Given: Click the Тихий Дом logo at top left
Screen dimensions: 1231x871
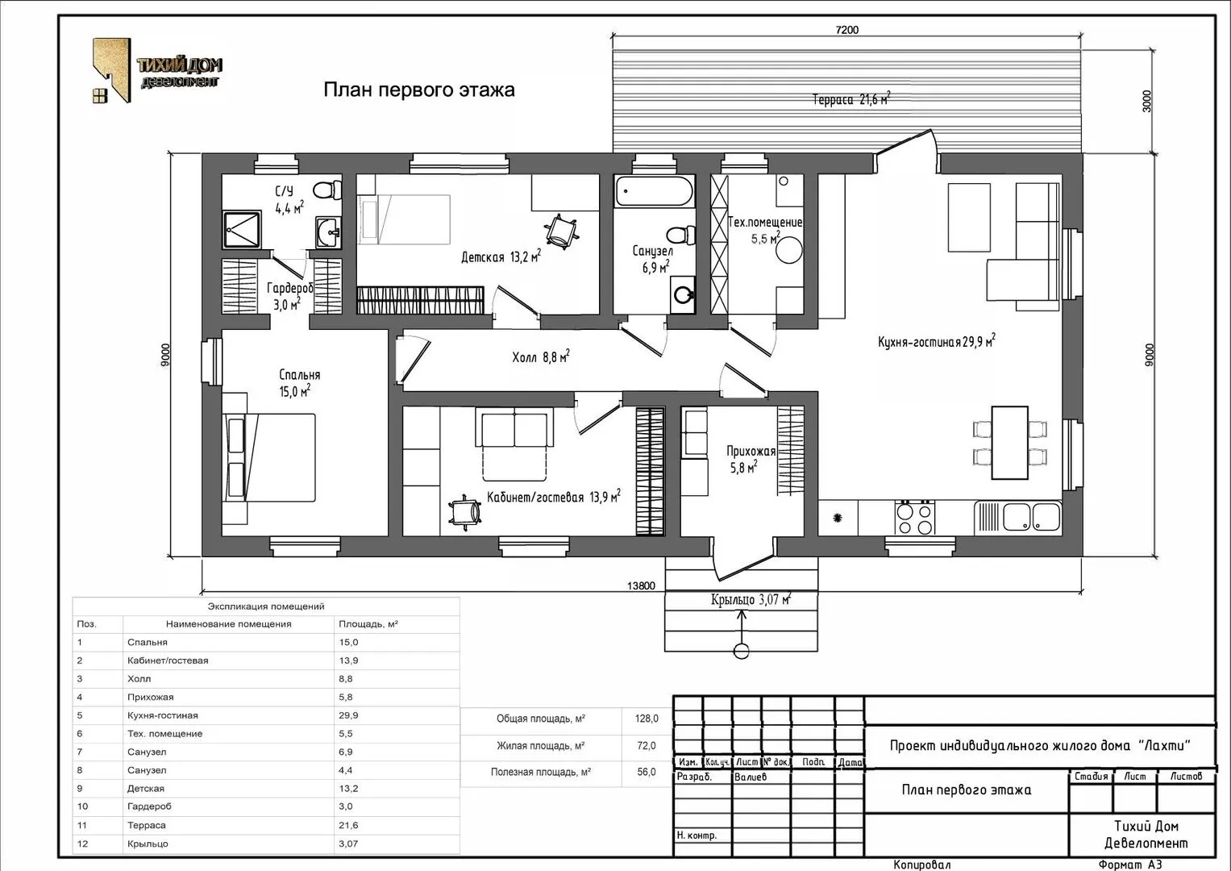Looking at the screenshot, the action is [x=157, y=70].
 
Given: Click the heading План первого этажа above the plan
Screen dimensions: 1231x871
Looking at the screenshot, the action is [x=418, y=90].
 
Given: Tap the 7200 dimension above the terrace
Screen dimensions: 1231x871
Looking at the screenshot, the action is [x=846, y=30].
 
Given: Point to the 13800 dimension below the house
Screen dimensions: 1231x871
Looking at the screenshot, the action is [x=641, y=586].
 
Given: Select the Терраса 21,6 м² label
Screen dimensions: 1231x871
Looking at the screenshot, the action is [x=851, y=99].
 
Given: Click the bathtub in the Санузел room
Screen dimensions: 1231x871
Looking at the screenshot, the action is [x=654, y=191].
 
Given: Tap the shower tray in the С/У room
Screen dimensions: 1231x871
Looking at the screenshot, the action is [x=242, y=229].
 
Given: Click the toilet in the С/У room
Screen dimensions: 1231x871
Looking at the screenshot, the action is [x=327, y=190].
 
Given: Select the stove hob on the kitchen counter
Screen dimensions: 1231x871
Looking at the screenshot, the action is [x=914, y=518].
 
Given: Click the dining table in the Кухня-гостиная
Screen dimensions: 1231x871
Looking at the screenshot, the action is [x=1009, y=443].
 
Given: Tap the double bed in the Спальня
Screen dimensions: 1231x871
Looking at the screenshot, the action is [x=268, y=457].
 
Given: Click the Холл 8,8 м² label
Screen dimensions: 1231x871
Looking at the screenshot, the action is [x=541, y=356].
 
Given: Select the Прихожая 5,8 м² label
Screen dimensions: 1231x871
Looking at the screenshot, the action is [x=751, y=459].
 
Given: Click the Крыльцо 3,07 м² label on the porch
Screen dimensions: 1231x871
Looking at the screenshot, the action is [x=751, y=599].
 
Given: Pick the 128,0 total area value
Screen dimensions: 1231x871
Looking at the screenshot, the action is [x=647, y=718].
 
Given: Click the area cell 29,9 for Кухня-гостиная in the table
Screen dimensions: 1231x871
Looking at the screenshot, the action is [x=348, y=715].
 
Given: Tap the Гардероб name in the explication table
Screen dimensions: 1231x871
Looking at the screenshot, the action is [x=149, y=806].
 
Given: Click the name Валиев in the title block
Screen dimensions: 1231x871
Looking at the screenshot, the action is [x=751, y=777].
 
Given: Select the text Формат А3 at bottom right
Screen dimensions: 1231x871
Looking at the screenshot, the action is [x=1130, y=865].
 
